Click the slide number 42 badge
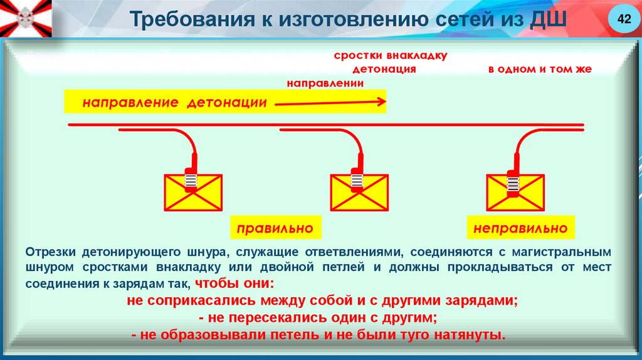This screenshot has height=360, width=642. (x=623, y=20)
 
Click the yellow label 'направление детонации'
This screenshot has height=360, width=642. (x=175, y=102)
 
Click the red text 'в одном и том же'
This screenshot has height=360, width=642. (x=540, y=69)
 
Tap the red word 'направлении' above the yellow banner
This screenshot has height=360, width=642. (x=325, y=82)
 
